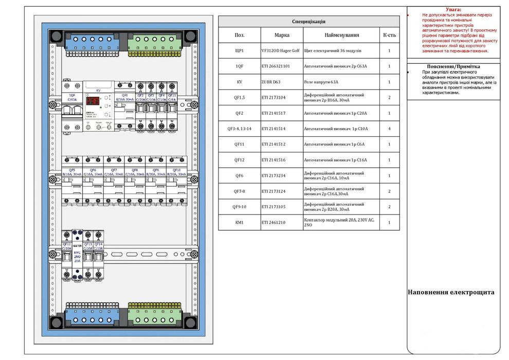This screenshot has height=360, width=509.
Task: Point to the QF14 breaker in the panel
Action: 99,254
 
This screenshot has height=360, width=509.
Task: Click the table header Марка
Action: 282,35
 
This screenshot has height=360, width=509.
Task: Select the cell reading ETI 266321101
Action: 282,66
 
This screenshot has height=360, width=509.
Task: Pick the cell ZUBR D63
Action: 282,82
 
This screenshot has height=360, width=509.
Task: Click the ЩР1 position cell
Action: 239,51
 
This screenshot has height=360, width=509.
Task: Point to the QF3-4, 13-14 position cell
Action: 239,129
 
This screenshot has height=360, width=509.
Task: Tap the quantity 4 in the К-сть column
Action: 389,129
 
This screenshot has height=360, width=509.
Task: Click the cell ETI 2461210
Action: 282,223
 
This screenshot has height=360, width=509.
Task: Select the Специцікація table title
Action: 309,22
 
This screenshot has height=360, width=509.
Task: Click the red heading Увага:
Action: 453,9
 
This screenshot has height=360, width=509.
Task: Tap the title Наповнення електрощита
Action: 451,292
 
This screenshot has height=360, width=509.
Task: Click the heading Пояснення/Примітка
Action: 453,66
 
